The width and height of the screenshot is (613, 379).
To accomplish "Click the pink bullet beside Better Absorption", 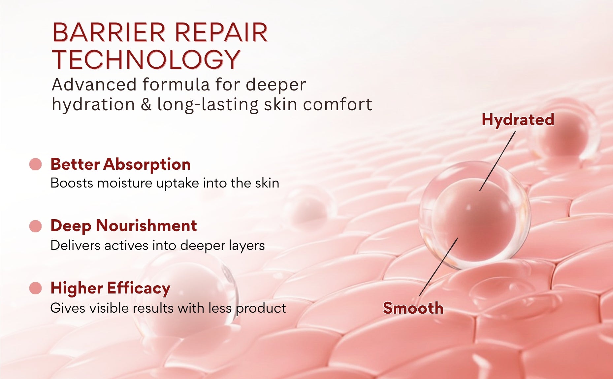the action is pyautogui.click(x=35, y=164).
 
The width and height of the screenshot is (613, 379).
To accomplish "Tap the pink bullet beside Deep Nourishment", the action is pyautogui.click(x=35, y=226).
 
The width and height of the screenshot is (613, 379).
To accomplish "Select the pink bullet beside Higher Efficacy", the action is pyautogui.click(x=35, y=288).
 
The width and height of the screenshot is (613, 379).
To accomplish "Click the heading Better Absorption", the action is pyautogui.click(x=120, y=164).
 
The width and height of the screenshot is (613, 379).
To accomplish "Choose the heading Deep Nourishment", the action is pyautogui.click(x=124, y=226).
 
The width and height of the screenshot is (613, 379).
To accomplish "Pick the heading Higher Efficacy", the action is pyautogui.click(x=110, y=288).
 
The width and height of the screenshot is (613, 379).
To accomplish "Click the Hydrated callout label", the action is pyautogui.click(x=518, y=120).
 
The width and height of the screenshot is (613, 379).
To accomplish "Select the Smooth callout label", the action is pyautogui.click(x=413, y=308).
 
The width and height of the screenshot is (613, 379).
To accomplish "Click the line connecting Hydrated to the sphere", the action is pyautogui.click(x=498, y=161).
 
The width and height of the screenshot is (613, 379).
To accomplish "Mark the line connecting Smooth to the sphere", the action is pyautogui.click(x=438, y=267).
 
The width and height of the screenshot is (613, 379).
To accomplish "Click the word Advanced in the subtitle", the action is pyautogui.click(x=94, y=85).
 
